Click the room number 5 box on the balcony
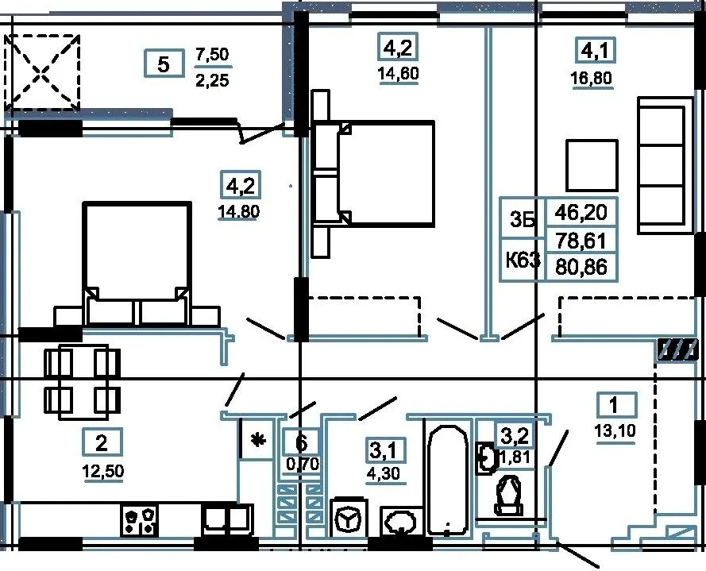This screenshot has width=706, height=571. pyautogui.click(x=164, y=64)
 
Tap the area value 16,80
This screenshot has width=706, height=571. pyautogui.click(x=591, y=79)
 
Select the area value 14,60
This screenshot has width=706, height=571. pyautogui.click(x=399, y=73)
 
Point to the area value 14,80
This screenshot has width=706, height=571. pyautogui.click(x=238, y=211)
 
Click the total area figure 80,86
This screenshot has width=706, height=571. pyautogui.click(x=581, y=267)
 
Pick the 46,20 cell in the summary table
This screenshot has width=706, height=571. pyautogui.click(x=581, y=212)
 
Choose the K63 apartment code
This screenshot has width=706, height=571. pyautogui.click(x=523, y=260)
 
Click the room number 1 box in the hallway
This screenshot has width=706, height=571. pyautogui.click(x=616, y=405)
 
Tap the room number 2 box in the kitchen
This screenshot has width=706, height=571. pyautogui.click(x=102, y=442)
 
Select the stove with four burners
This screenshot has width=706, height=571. pyautogui.click(x=139, y=520)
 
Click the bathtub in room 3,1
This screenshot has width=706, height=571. pyautogui.click(x=447, y=480)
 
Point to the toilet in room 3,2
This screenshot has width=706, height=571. pyautogui.click(x=509, y=496)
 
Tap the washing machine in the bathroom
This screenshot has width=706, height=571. pyautogui.click(x=348, y=517)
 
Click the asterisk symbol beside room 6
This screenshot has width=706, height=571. pyautogui.click(x=257, y=441)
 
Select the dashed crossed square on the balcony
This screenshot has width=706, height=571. pyautogui.click(x=42, y=72)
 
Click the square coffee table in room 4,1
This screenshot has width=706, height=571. pyautogui.click(x=592, y=165)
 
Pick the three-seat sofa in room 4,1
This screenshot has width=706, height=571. pyautogui.click(x=665, y=165)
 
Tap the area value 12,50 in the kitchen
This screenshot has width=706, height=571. pyautogui.click(x=102, y=472)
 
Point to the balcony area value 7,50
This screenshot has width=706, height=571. pyautogui.click(x=212, y=55)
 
